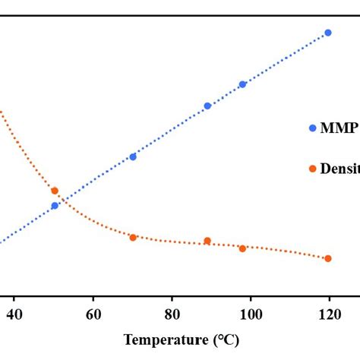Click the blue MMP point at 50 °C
tap(55, 205)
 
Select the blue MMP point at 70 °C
tap(133, 156)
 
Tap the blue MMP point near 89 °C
tap(207, 106)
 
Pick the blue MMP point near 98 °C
tap(243, 84)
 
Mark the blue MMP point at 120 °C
tap(328, 33)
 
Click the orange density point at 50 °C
tap(55, 191)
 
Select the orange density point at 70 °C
tap(133, 237)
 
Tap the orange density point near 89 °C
tap(207, 241)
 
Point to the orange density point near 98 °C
tap(243, 248)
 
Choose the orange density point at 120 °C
tap(328, 258)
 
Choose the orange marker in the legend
tap(313, 168)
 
